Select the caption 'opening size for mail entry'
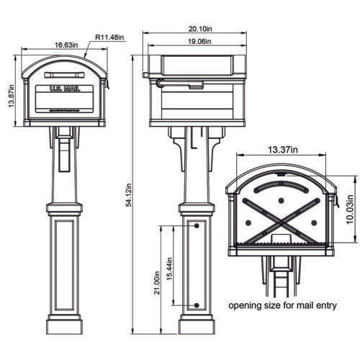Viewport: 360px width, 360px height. (283, 305)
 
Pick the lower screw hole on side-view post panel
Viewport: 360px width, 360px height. (197, 305)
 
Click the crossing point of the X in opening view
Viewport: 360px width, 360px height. (282, 217)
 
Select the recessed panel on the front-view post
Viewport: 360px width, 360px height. (64, 266)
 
